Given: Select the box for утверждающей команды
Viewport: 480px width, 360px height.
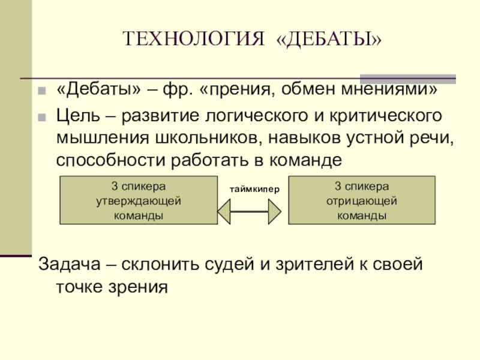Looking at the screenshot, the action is pos(139,200).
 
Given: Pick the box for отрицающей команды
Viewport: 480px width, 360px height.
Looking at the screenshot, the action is pos(361,200).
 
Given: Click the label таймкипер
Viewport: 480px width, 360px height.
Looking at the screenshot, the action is pos(253,189).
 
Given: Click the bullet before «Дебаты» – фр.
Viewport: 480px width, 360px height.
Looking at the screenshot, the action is pos(41,92).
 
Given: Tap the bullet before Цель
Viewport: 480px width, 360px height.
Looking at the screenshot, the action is pos(41,116).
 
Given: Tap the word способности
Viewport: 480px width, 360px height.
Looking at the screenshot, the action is pos(114,160).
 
